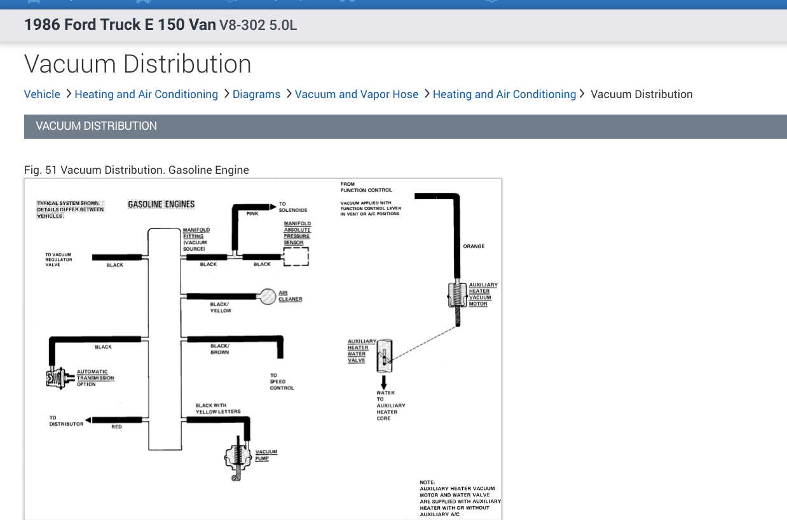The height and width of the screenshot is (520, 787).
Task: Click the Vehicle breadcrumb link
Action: [42, 94]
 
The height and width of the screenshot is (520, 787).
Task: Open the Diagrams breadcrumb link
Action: [256, 94]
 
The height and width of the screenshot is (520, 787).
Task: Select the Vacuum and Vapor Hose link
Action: [356, 94]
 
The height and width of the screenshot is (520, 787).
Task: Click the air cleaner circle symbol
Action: [268, 296]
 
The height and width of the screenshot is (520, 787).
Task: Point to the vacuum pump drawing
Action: [238, 458]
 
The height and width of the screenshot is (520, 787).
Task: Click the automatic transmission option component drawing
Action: [56, 378]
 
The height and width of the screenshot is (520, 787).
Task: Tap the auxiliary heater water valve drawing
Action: [385, 356]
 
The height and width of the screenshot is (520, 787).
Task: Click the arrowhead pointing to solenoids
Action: [273, 207]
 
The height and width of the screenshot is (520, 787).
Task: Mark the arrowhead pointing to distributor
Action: [88, 419]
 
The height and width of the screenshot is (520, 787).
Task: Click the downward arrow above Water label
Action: [384, 382]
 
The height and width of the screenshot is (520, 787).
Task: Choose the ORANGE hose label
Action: [474, 246]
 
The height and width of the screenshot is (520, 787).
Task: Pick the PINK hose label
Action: [252, 214]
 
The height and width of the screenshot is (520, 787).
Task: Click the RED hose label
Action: [116, 427]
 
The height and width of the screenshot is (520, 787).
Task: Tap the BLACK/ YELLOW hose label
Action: [221, 307]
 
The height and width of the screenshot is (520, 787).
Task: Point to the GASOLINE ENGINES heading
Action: [161, 204]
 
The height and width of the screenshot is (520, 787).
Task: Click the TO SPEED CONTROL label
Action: [282, 381]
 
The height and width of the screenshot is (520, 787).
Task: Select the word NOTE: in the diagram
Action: [427, 482]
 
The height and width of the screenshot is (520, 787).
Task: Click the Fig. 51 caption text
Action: [136, 170]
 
